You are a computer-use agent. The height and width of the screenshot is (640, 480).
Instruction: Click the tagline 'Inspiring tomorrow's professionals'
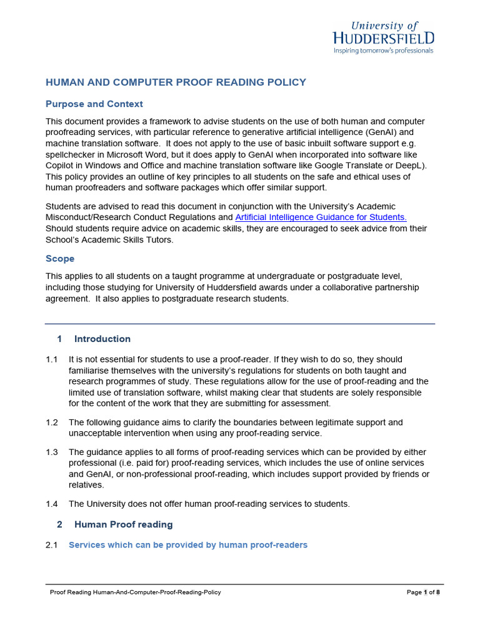[x=383, y=51]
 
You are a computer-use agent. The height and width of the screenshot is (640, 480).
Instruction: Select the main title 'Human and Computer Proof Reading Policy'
[x=176, y=82]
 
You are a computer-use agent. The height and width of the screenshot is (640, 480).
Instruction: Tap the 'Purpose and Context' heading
[x=94, y=104]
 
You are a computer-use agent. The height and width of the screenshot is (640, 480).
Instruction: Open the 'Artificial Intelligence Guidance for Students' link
[x=321, y=217]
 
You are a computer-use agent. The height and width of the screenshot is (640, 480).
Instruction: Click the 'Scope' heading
[x=60, y=258]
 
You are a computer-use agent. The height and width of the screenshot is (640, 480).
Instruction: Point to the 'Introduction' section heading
[x=102, y=339]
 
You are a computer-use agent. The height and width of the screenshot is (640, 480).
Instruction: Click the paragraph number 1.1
[x=52, y=359]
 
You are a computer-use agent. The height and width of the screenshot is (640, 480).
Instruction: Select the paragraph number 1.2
[x=52, y=422]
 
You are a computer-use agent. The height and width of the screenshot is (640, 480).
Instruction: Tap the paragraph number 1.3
[x=52, y=451]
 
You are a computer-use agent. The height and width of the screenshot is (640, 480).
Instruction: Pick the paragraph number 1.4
[x=52, y=504]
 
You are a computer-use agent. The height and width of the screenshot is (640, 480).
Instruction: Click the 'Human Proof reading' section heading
[x=124, y=524]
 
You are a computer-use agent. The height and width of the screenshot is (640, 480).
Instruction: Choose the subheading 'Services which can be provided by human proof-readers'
[x=188, y=545]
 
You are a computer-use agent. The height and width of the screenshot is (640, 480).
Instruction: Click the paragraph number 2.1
[x=52, y=545]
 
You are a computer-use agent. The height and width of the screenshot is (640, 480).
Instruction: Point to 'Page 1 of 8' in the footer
[x=423, y=592]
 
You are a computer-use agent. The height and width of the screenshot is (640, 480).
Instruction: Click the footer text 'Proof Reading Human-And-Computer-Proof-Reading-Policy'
[x=135, y=592]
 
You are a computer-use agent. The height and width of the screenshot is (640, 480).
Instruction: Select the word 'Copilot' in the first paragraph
[x=62, y=166]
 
